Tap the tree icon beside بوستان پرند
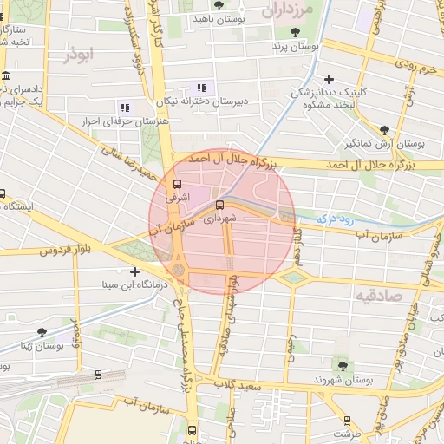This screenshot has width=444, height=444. click(x=296, y=32)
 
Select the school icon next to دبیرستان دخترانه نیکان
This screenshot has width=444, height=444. click(x=202, y=88)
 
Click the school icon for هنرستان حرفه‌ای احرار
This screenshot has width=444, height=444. click(x=125, y=108)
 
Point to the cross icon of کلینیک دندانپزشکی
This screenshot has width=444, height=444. click(x=329, y=80)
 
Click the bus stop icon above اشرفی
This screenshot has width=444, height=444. click(x=178, y=184)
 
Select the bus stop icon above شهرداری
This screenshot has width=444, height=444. click(x=219, y=206)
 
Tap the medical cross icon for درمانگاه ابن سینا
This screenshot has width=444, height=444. click(x=134, y=272)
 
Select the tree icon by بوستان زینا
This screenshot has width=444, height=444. click(x=67, y=333)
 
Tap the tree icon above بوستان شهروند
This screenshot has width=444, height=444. click(x=343, y=365)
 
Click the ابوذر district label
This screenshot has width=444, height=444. click(x=78, y=55)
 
